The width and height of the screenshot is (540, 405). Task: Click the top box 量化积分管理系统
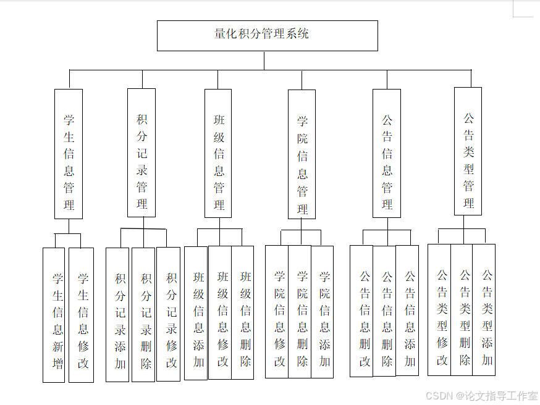[267, 35]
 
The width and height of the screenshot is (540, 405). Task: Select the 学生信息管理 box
[69, 154]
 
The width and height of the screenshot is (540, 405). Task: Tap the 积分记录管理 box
[141, 152]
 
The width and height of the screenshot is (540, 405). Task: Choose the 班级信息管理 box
[218, 153]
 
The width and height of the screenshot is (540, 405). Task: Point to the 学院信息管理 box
[302, 154]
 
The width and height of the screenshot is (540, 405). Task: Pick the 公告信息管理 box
[387, 153]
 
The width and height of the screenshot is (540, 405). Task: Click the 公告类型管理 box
[468, 151]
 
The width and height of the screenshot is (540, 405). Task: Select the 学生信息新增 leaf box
[54, 315]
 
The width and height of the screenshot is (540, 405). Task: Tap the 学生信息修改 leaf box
[81, 315]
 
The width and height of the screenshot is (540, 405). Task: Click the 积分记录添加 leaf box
[117, 315]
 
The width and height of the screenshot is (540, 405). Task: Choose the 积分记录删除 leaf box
[143, 314]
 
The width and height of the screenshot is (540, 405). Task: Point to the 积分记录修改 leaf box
[168, 314]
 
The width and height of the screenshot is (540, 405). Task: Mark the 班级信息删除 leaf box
[243, 312]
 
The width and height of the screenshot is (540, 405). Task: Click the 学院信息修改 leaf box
[277, 312]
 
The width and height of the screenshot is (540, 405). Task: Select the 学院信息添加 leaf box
[323, 312]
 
